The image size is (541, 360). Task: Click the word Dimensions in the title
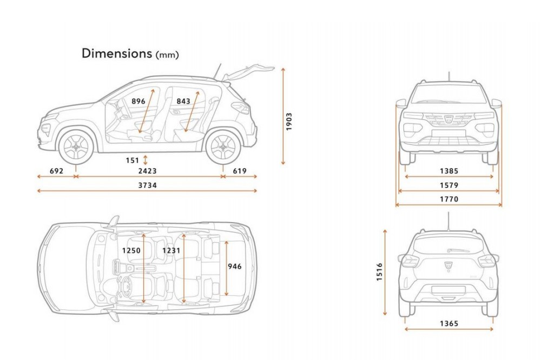(x=117, y=53)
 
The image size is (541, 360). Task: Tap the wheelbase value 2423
(x=148, y=171)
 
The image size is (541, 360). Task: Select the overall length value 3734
(x=148, y=185)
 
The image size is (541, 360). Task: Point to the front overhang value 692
(x=57, y=171)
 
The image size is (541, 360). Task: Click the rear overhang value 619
(x=240, y=171)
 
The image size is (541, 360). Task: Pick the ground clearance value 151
(x=132, y=161)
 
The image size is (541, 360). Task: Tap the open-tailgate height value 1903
(x=289, y=122)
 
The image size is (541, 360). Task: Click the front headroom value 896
(x=138, y=101)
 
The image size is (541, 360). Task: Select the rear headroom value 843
(x=183, y=101)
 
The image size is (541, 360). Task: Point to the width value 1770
(x=449, y=199)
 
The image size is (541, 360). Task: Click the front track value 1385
(x=449, y=171)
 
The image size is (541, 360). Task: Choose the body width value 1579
(x=449, y=185)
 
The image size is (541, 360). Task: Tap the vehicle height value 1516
(x=380, y=272)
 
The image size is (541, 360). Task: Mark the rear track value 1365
(x=449, y=323)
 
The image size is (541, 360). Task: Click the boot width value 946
(x=235, y=266)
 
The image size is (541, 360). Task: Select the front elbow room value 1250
(x=131, y=250)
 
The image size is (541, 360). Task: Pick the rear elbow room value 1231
(x=171, y=250)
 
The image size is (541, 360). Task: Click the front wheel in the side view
(x=76, y=147)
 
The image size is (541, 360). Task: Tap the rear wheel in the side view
(x=223, y=147)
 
